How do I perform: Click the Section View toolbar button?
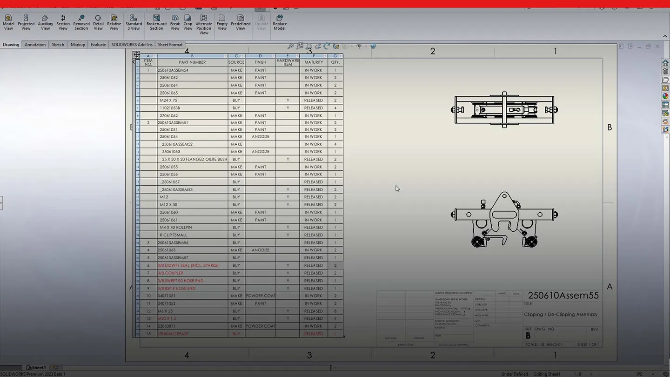point(63,22)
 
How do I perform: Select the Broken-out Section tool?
point(156,22)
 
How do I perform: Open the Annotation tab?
point(35,45)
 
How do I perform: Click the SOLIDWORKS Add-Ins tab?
point(132,45)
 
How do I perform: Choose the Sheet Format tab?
point(170,45)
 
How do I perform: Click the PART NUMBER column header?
point(192,62)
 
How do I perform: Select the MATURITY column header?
point(314,62)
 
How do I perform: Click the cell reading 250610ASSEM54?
point(173,70)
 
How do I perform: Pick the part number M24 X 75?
point(168,101)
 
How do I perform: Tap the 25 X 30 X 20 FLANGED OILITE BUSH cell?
point(194,159)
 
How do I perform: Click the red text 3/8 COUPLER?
point(170,273)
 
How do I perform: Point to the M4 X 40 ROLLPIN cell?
point(175,228)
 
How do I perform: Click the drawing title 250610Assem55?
point(563,296)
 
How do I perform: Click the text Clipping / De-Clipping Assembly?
point(561,315)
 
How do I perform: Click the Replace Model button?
point(280,22)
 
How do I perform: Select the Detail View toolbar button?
point(98,22)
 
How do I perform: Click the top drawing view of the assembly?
point(504,110)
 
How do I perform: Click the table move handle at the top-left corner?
point(136,54)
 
